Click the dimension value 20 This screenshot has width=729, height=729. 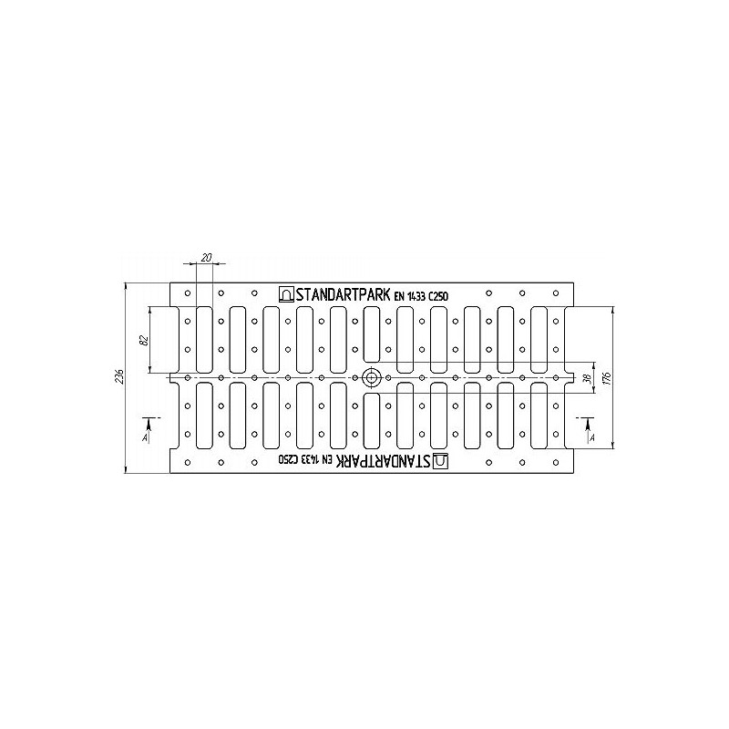pos(208,257)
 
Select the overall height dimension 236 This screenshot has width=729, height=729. pos(119,376)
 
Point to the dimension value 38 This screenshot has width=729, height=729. pos(589,378)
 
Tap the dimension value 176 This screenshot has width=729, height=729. pos(608,377)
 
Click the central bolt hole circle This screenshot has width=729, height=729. pos(371,377)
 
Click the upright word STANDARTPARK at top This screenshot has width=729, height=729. pos(344,294)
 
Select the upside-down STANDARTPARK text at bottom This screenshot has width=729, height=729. pos(384,461)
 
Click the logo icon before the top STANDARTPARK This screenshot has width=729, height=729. pos(286,294)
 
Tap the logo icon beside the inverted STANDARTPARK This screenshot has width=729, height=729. pos(441,461)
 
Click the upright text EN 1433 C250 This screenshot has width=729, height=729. pos(421,296)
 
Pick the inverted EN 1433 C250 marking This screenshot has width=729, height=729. pos(306,460)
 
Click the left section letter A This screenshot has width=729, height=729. pos(145,438)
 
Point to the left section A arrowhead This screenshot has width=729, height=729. pos(149,424)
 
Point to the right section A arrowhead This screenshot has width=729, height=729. pos(588,424)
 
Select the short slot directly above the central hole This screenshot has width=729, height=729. pos(372,334)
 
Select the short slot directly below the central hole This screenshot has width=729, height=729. pos(372,420)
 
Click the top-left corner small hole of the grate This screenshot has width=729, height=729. pos(188,293)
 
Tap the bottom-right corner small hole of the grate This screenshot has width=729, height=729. pos(556,463)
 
